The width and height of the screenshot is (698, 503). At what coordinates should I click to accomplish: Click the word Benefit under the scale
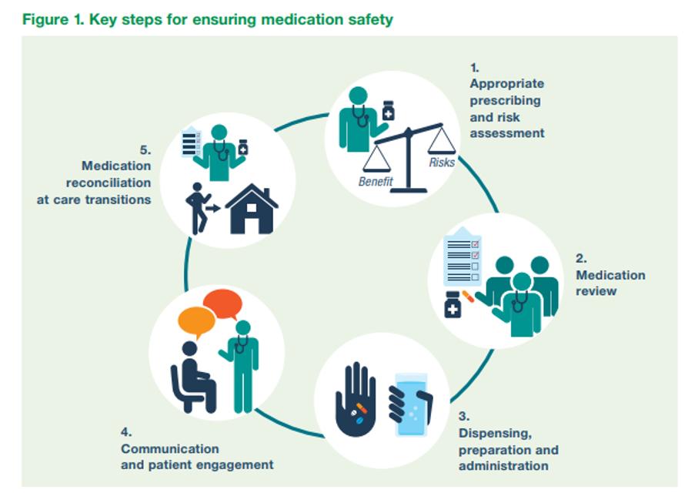(x=376, y=183)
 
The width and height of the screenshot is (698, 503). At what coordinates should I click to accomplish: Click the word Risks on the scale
(x=442, y=163)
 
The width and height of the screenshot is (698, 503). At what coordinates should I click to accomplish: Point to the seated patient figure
(x=192, y=377)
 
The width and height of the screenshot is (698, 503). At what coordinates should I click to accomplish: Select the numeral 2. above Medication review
(x=581, y=259)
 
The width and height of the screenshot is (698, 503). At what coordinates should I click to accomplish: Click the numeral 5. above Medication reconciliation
(x=145, y=149)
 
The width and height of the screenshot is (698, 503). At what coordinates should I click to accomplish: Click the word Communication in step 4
(x=169, y=448)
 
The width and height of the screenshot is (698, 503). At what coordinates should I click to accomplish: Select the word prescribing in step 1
(x=505, y=100)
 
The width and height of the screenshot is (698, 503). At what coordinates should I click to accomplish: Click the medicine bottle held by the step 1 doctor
(x=388, y=110)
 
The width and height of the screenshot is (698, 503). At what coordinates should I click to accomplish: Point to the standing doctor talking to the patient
(x=242, y=365)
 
